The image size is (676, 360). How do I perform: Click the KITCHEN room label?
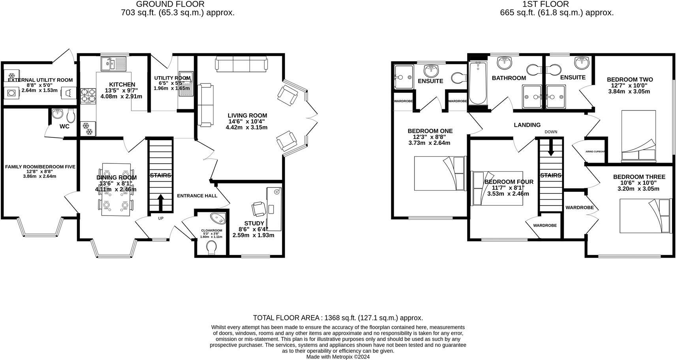122,84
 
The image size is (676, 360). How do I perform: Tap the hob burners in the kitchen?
88,96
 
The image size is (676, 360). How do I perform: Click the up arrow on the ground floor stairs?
161,202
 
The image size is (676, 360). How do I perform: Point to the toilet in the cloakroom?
212,248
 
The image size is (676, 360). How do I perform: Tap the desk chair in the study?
259,208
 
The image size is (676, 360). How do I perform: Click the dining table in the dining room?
116,189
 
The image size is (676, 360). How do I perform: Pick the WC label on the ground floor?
64,127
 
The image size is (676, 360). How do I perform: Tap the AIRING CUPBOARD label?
595,151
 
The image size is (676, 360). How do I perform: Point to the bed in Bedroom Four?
497,188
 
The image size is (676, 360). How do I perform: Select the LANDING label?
527,125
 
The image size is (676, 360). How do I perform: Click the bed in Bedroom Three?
645,216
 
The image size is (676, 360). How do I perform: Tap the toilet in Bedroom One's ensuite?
458,77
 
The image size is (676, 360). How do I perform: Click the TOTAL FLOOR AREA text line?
338,318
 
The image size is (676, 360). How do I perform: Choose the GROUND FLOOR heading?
170,4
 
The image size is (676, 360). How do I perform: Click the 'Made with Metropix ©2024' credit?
338,356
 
